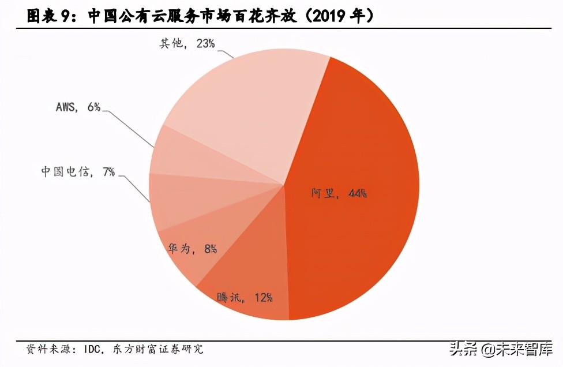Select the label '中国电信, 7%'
pyautogui.click(x=78, y=171)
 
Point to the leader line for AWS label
pyautogui.click(x=130, y=127)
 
